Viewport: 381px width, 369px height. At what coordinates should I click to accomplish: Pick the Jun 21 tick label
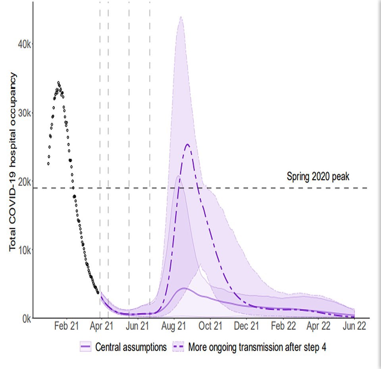[x=137, y=326]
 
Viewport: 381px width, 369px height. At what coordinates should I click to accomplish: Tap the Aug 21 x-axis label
[x=174, y=326]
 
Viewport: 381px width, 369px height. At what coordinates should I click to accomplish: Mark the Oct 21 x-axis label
[x=210, y=326]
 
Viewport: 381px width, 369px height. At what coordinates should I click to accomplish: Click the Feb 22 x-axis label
[x=283, y=326]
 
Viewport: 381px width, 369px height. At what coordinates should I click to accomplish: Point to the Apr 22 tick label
[x=319, y=326]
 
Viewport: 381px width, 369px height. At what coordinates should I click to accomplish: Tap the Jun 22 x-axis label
[x=354, y=326]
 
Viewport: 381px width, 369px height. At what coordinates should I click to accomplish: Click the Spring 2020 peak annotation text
[x=318, y=177]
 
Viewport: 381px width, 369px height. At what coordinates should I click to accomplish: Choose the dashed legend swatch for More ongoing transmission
[x=179, y=347]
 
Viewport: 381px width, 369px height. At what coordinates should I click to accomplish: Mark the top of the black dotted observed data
[x=58, y=83]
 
